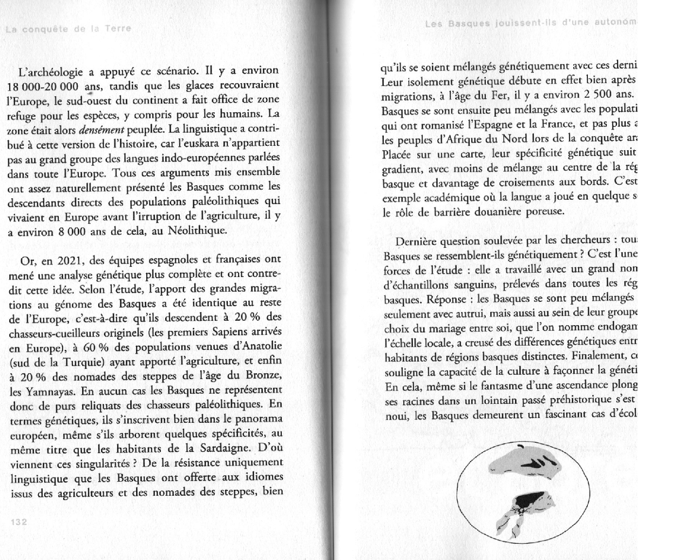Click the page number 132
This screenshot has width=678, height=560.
pyautogui.click(x=18, y=522)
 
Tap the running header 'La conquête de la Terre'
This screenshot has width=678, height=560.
pyautogui.click(x=68, y=29)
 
